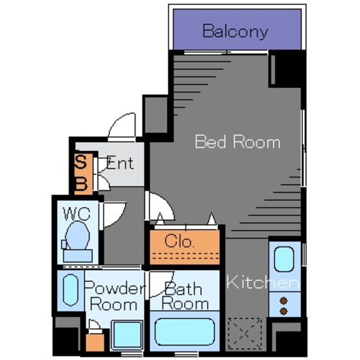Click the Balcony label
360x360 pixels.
click(x=235, y=31)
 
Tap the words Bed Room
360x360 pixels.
click(x=237, y=142)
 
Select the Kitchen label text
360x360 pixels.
click(x=263, y=282)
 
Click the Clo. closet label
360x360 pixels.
click(x=178, y=241)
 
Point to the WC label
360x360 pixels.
click(x=76, y=214)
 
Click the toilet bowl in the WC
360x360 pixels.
click(x=78, y=235)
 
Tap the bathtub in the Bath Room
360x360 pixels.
click(x=185, y=331)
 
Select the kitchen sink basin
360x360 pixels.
click(x=284, y=259)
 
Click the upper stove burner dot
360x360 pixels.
click(x=283, y=300)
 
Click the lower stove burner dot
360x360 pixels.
click(x=283, y=311)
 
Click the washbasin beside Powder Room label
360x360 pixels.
click(x=70, y=290)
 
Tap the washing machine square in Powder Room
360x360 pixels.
click(x=127, y=335)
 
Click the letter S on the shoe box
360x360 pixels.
click(x=81, y=162)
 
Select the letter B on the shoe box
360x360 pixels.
click(x=82, y=184)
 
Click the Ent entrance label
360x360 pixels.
click(x=120, y=163)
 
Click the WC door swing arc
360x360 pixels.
click(x=119, y=218)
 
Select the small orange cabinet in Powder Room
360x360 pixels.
click(x=95, y=343)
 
